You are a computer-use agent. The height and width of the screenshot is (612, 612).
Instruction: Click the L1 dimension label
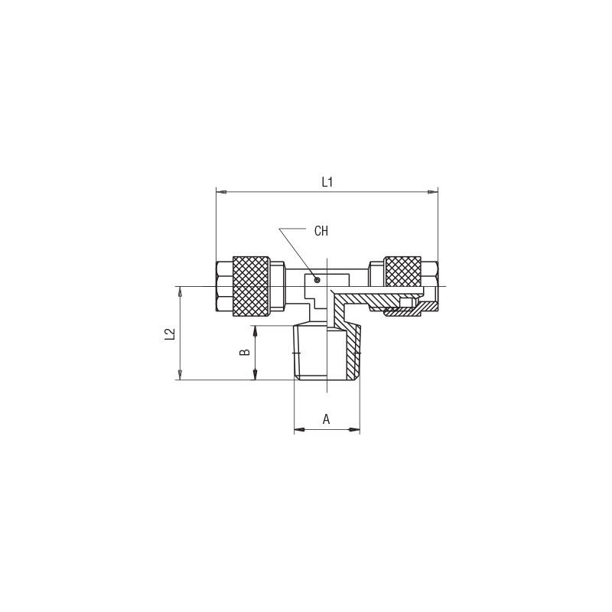[x=327, y=182]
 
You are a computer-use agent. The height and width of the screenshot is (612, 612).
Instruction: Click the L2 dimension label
[x=169, y=334]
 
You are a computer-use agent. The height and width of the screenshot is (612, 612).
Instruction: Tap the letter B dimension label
[x=244, y=352]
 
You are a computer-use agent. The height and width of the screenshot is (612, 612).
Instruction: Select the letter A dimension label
[x=327, y=419]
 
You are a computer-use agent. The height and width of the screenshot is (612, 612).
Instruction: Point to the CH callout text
[x=321, y=231]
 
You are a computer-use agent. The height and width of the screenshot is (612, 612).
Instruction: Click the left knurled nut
[x=251, y=286]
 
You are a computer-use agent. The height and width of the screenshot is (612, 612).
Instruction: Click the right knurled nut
[x=402, y=272]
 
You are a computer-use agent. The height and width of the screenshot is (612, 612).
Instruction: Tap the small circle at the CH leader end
[x=317, y=280]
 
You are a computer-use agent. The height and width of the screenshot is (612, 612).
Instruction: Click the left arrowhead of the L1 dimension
[x=221, y=192]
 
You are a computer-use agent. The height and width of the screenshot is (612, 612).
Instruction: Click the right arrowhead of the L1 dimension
[x=432, y=192]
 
